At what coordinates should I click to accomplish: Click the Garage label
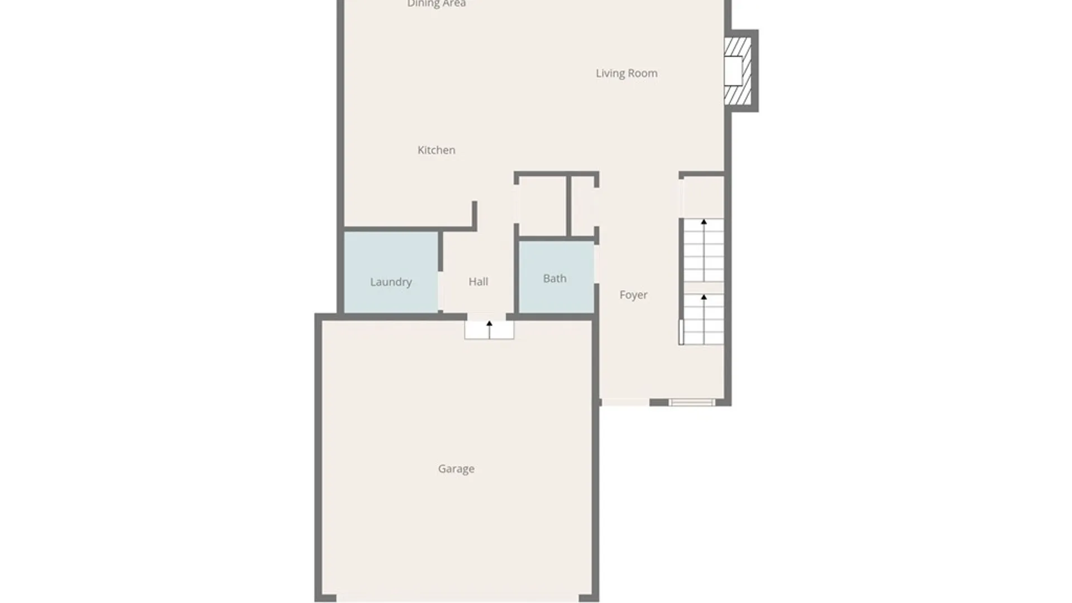456,469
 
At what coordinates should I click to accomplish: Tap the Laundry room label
391,282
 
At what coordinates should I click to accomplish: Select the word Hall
478,282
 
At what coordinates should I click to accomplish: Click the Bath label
555,279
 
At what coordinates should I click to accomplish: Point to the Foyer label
634,295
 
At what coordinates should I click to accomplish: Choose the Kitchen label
437,150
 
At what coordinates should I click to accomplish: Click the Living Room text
626,73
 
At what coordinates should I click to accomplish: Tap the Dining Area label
437,4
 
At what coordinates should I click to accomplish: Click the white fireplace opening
733,71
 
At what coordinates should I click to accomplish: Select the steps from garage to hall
489,331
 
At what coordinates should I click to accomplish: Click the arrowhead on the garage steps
489,323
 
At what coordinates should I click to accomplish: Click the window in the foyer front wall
692,403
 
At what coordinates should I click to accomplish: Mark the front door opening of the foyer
625,402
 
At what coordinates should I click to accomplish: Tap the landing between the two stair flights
703,288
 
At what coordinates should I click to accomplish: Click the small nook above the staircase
703,197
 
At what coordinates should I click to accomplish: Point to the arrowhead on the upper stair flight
703,222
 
